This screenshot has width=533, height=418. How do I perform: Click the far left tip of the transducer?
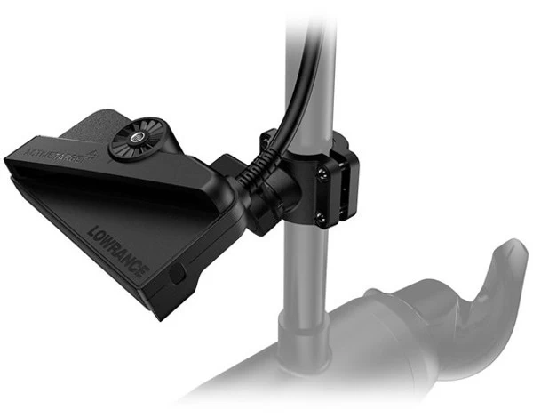pyautogui.click(x=7, y=160)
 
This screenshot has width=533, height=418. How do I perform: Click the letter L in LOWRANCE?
pyautogui.click(x=93, y=233)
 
